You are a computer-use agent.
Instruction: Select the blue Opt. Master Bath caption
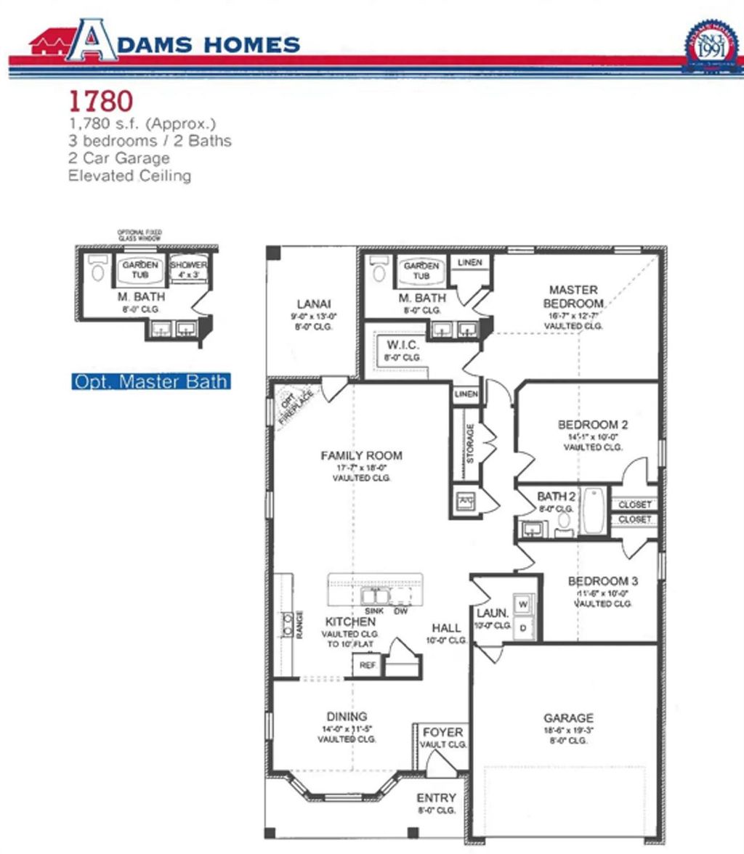(x=151, y=381)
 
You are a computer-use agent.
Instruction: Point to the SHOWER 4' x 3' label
(x=189, y=270)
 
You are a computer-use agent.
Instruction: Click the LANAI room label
(x=314, y=304)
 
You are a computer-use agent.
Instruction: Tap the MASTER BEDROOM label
(x=573, y=296)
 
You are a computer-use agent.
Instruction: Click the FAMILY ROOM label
(x=361, y=456)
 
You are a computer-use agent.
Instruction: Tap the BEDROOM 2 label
(x=592, y=425)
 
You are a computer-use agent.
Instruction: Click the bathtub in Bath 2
(x=594, y=511)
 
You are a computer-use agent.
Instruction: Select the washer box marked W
(x=523, y=603)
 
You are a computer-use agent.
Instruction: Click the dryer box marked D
(x=523, y=627)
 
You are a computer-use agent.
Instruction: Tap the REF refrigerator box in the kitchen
(x=368, y=664)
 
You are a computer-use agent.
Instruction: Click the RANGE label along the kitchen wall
(x=299, y=625)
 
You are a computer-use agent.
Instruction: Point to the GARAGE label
(x=568, y=718)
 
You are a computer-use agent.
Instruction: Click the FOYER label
(x=442, y=733)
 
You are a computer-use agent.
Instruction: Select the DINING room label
(x=347, y=717)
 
